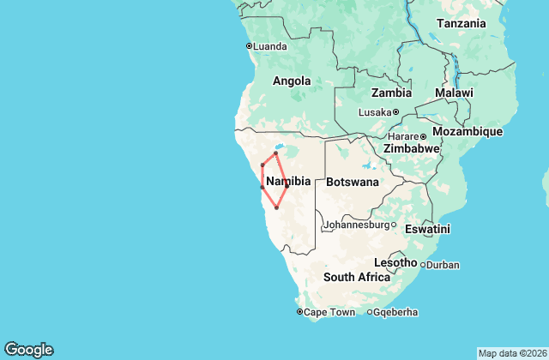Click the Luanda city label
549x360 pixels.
(x=270, y=45)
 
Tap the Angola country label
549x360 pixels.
(x=291, y=81)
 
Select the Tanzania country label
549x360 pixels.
(x=462, y=24)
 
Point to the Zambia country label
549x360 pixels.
(x=390, y=93)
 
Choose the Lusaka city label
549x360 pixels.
(x=373, y=111)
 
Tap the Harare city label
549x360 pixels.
(x=401, y=135)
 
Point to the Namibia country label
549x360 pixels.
(x=288, y=182)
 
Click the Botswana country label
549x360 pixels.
(x=352, y=182)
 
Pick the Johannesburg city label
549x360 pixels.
(x=356, y=225)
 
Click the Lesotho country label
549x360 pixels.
(x=395, y=261)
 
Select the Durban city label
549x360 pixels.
(x=443, y=265)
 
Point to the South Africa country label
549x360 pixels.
(x=357, y=277)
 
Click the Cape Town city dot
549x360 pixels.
(x=299, y=312)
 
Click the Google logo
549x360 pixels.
(x=28, y=349)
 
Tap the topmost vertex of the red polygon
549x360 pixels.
(x=275, y=153)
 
